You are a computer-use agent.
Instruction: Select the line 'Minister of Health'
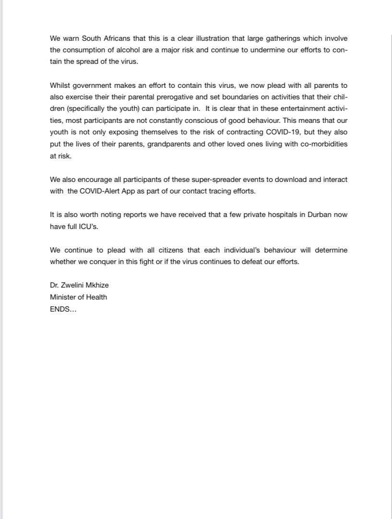pyautogui.click(x=78, y=297)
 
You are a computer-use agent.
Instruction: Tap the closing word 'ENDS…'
pyautogui.click(x=63, y=309)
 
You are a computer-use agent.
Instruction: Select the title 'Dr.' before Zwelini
pyautogui.click(x=54, y=285)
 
